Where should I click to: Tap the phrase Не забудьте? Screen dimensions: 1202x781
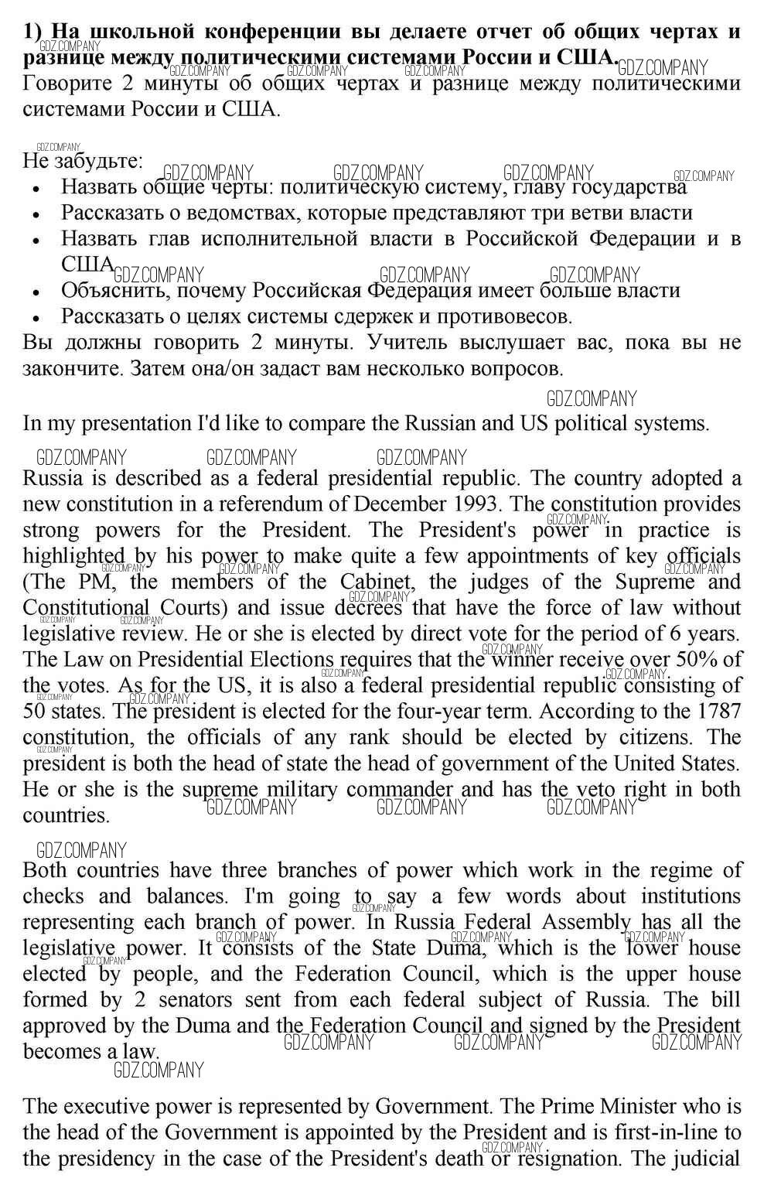[x=83, y=161]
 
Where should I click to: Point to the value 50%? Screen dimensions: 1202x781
[x=700, y=660]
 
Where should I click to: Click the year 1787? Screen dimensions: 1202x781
[x=718, y=712]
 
